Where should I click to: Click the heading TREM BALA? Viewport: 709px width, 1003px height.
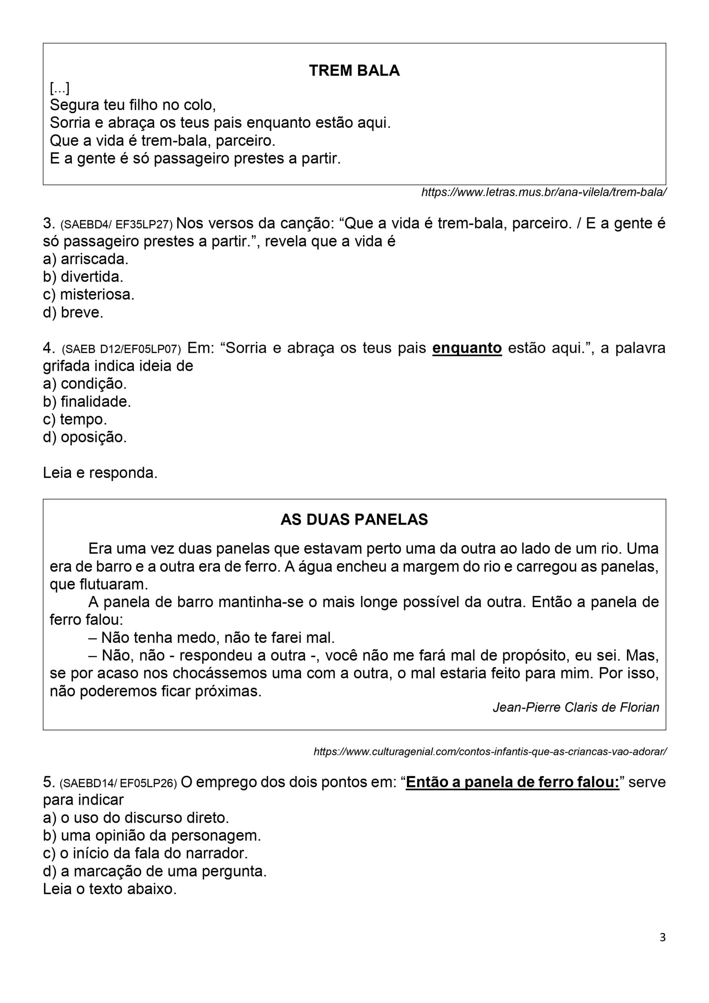[354, 71]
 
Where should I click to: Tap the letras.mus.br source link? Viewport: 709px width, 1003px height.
[543, 192]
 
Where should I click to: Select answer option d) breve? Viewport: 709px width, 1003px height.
[73, 313]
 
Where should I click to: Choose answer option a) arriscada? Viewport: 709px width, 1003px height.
[86, 259]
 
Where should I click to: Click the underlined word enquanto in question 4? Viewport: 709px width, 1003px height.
[467, 348]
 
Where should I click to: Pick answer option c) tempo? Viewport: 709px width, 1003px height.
[75, 419]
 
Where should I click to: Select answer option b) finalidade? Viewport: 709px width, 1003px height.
[87, 402]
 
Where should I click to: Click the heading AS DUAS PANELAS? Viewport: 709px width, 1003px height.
[354, 520]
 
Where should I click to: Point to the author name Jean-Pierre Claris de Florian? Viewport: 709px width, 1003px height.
[576, 707]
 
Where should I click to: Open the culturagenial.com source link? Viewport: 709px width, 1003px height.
[490, 752]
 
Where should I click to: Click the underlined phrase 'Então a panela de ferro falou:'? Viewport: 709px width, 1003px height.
[512, 782]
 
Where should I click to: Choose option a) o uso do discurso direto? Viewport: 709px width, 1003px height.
[136, 818]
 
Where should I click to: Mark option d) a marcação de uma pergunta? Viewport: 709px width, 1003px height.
[155, 871]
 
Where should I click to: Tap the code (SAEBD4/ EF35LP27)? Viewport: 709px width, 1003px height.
[116, 224]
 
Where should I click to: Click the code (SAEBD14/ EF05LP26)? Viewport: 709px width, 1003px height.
[118, 783]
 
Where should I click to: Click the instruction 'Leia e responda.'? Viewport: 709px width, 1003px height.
[100, 473]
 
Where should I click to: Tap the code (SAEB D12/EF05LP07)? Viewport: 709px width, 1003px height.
[121, 349]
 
